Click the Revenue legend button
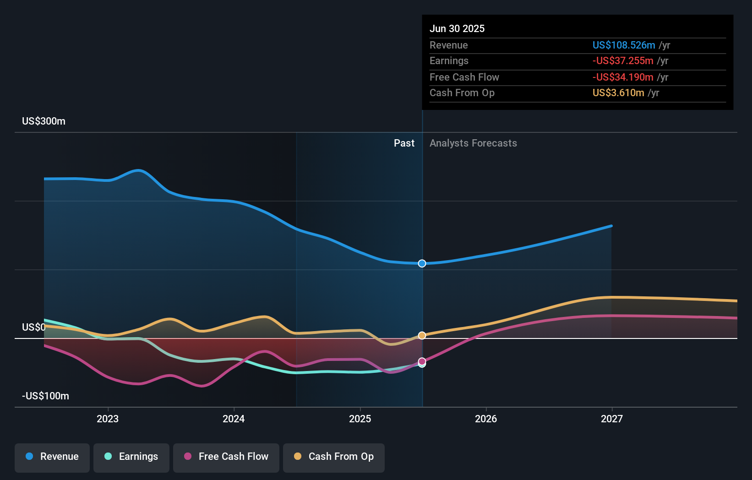click(x=52, y=457)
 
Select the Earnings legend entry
click(x=131, y=457)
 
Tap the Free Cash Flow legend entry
click(x=226, y=457)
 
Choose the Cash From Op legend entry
click(x=334, y=457)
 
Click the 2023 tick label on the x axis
click(x=108, y=419)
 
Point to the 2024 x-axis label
click(x=234, y=419)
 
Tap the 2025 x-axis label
click(x=360, y=419)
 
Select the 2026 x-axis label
click(x=486, y=419)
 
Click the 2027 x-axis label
click(x=612, y=419)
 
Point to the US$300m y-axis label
click(x=44, y=121)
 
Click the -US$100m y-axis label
click(x=46, y=396)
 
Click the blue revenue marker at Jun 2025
click(x=422, y=263)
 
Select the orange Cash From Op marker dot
click(x=422, y=336)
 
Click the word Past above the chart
click(x=404, y=143)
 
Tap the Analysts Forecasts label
click(x=473, y=143)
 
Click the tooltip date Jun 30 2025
click(x=457, y=29)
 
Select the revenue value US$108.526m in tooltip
click(x=624, y=45)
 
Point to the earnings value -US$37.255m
click(x=623, y=61)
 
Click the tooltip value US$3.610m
click(x=618, y=93)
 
